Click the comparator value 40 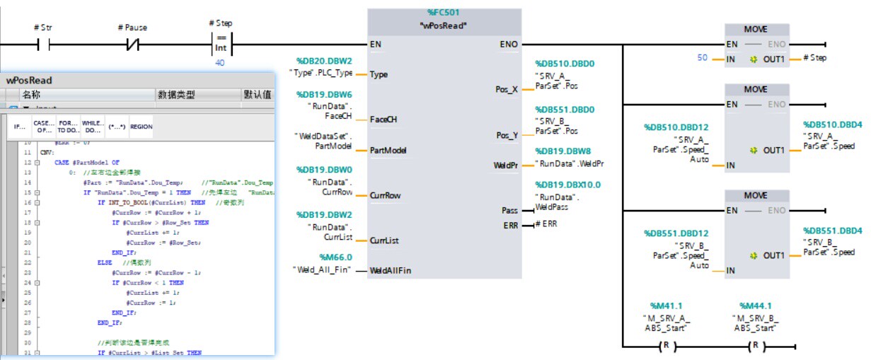click(221, 63)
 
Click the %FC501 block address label click(444, 13)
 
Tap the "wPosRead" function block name click(444, 25)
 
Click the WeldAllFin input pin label click(391, 271)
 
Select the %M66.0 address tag click(335, 257)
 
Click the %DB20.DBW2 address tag click(325, 61)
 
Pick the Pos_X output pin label click(506, 90)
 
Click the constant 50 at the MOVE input click(702, 58)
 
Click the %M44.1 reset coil click(756, 347)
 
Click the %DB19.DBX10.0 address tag click(567, 185)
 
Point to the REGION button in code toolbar click(142, 127)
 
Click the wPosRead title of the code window click(29, 80)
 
